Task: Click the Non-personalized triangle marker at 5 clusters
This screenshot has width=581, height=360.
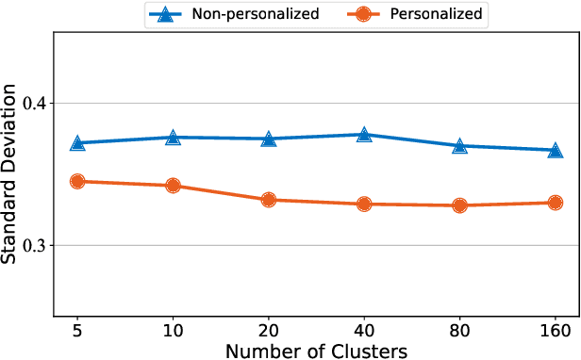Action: coord(78,142)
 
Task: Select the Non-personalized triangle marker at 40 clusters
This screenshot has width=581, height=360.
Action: coord(364,135)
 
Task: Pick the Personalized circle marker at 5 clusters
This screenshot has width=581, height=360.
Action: coord(78,181)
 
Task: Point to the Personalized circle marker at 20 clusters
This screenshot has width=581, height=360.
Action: coord(269,200)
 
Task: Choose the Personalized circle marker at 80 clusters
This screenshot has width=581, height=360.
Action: coord(459,205)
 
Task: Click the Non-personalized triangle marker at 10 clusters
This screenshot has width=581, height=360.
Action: coord(174,138)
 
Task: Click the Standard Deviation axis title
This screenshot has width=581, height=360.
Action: coord(11,174)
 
